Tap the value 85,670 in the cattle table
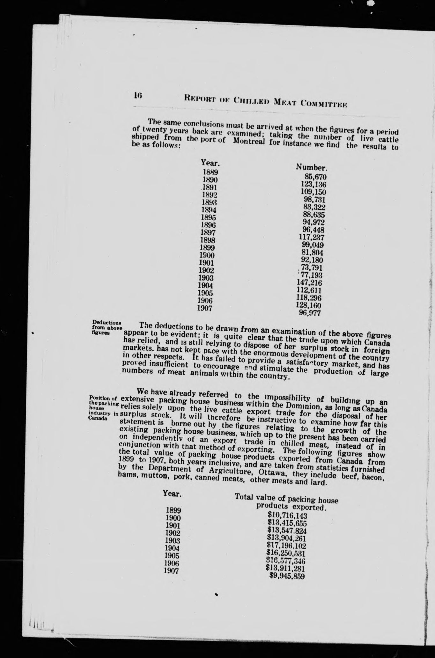pos(316,177)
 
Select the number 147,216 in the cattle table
pos(309,283)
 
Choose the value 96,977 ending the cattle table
pos(309,313)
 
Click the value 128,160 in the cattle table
pos(309,305)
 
